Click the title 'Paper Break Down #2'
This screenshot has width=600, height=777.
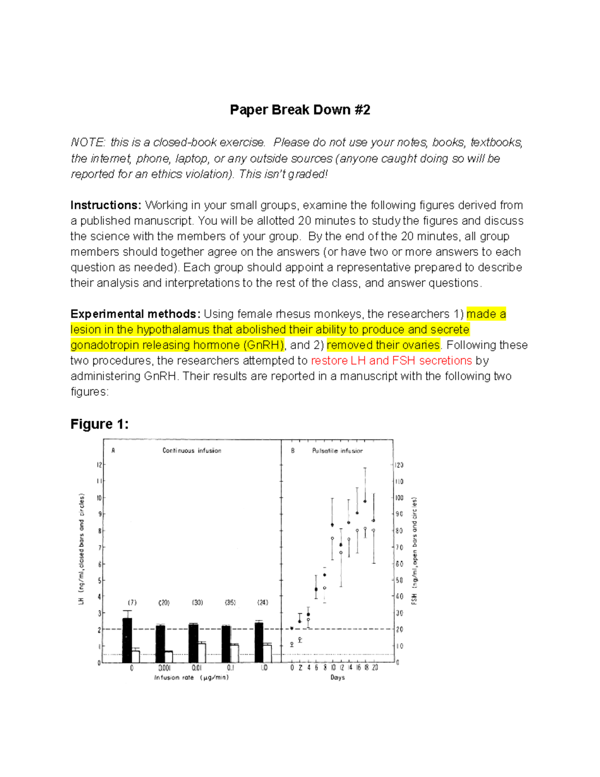pos(300,110)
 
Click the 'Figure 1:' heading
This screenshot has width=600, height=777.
pos(99,424)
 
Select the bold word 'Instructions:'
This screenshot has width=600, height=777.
pos(106,205)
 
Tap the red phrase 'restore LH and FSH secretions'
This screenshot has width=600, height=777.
pos(391,361)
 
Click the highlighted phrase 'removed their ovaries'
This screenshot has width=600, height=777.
pos(383,345)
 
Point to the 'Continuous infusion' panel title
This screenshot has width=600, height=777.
pos(191,450)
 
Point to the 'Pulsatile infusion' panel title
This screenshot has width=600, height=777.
pos(337,451)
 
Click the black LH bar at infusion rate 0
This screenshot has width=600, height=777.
pos(127,640)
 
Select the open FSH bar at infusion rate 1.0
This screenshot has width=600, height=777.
pos(267,653)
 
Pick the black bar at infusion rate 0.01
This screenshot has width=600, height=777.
pos(193,643)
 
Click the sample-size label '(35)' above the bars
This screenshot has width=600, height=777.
pos(230,602)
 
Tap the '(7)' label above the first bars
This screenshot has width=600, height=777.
pos(132,602)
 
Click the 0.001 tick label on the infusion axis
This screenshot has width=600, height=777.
pos(164,668)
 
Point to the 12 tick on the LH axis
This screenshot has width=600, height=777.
pos(99,465)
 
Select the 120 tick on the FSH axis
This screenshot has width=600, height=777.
pos(399,465)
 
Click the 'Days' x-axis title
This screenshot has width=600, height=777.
pos(337,677)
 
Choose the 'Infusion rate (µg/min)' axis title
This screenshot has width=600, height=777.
pos(191,677)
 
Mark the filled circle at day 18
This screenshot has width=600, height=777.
pos(365,501)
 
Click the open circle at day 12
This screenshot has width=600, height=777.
pos(341,553)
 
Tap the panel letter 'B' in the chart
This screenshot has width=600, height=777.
pos(293,450)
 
